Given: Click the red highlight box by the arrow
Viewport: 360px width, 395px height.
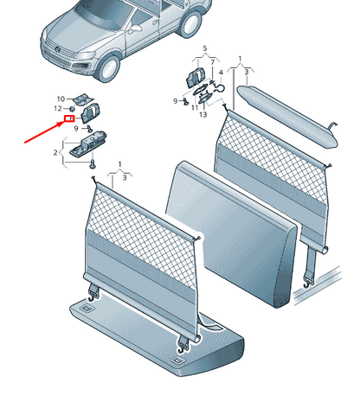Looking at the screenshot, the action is point(69,118).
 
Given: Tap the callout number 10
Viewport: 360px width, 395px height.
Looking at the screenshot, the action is point(61,99).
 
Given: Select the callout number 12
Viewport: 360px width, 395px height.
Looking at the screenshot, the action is point(58,108).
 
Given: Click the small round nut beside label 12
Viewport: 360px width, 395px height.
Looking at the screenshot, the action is point(72,109).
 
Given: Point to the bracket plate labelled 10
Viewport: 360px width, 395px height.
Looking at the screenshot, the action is point(83,99).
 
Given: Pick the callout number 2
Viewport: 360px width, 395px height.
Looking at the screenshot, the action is point(55,152).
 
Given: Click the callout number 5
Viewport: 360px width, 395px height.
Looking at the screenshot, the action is point(205,48).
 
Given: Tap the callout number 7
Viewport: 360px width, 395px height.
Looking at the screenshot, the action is point(213,62).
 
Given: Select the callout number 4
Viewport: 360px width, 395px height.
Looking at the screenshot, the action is point(221,72).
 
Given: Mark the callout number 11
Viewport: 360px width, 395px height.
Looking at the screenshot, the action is point(195,108).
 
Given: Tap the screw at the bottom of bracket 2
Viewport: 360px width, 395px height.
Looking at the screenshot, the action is point(93,163).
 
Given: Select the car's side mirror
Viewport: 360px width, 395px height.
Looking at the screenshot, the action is point(135,29).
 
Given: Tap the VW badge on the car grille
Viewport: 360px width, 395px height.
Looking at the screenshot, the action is point(58,49).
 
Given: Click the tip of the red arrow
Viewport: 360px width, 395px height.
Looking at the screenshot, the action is point(64,122).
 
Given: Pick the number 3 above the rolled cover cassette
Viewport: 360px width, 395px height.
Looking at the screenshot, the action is point(247,73).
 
